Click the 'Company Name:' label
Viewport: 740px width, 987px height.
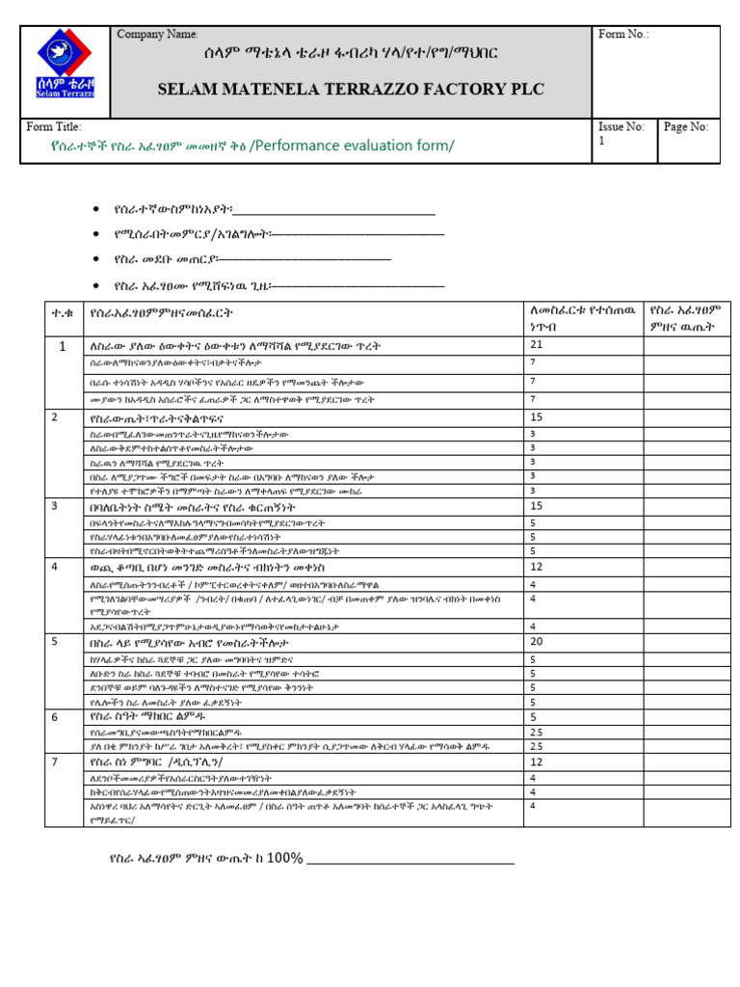[157, 35]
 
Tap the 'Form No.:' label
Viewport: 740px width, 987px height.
[623, 35]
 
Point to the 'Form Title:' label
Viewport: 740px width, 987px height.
[54, 127]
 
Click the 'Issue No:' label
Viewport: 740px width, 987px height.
[621, 127]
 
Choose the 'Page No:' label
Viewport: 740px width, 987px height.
[686, 127]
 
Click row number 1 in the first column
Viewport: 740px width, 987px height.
[63, 346]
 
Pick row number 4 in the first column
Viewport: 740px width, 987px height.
[55, 568]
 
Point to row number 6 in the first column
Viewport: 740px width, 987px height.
[55, 717]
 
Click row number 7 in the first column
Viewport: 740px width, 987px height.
[55, 761]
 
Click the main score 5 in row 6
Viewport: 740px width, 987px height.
[534, 717]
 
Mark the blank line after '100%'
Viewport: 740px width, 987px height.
[410, 861]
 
